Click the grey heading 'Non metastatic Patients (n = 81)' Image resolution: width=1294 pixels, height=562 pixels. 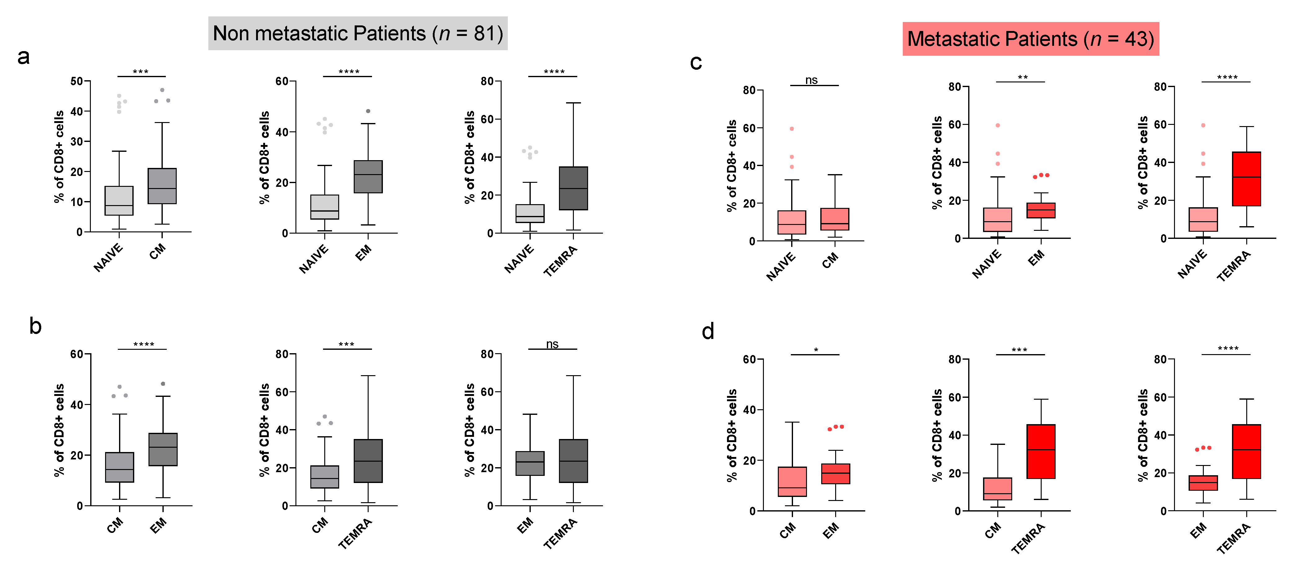tap(358, 34)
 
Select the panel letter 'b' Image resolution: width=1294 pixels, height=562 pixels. tap(35, 326)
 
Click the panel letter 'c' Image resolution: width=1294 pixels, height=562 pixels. tap(696, 63)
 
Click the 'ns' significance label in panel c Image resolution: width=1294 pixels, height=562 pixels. tap(811, 80)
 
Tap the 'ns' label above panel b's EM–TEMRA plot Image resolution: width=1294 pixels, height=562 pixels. tap(552, 344)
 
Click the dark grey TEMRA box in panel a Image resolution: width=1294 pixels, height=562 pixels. tap(573, 188)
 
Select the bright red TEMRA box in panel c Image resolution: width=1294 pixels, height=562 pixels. tap(1246, 179)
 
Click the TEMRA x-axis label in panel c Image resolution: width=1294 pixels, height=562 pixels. tap(1234, 266)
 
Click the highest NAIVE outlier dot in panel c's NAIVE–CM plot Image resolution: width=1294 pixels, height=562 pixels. tap(792, 129)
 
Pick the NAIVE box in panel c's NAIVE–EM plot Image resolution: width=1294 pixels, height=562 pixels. tap(997, 220)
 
